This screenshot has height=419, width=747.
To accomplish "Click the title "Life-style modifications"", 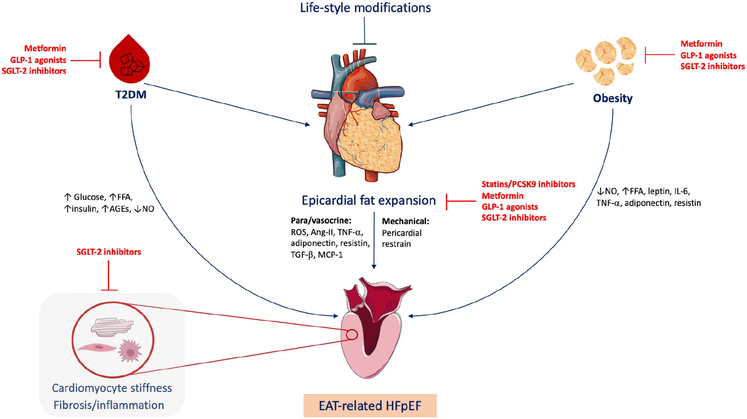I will tap(365, 8).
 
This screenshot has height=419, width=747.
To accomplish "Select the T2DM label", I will tap(131, 95).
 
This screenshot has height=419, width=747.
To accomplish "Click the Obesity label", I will tap(612, 98).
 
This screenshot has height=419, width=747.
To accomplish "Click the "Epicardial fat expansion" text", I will tap(368, 200).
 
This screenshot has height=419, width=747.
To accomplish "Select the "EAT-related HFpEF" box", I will tap(370, 405).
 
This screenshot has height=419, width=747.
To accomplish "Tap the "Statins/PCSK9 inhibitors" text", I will tap(528, 184).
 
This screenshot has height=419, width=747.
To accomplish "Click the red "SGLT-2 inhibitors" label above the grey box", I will tap(109, 252).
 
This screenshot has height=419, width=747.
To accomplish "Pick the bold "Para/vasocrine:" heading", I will tap(321, 220).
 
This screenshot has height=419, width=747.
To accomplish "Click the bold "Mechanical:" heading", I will tap(405, 221).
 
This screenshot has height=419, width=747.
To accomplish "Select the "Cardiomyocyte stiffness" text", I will tap(112, 388).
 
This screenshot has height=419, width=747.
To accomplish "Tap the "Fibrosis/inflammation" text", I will tap(109, 405).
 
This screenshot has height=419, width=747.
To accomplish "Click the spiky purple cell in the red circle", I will tap(130, 351).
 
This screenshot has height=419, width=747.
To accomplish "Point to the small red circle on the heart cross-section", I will tap(352, 334).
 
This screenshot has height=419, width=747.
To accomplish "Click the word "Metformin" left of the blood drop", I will tap(45, 48).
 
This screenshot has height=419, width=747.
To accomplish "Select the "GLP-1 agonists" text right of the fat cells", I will tap(708, 55).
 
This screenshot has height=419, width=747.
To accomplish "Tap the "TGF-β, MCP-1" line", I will tap(317, 255).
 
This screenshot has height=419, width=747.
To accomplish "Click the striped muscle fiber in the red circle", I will tap(112, 327).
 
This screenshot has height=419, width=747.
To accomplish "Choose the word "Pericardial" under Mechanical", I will tap(401, 233).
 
